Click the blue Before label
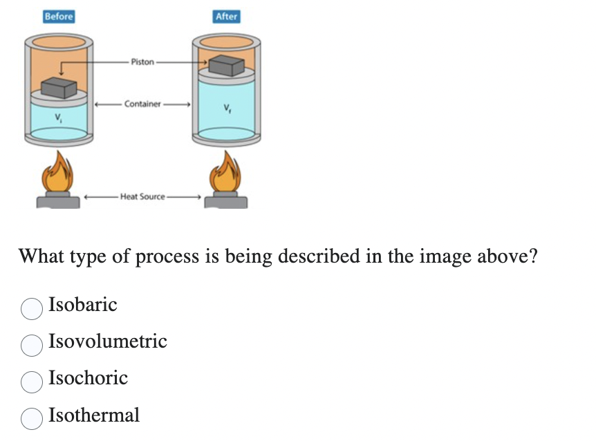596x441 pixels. tap(58, 16)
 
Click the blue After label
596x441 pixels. tap(226, 16)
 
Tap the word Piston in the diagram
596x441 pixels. tap(142, 62)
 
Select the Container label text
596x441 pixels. tap(142, 104)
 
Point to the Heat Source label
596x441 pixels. tap(142, 196)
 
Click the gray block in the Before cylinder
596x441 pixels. tap(58, 88)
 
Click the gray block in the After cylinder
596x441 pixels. tap(226, 66)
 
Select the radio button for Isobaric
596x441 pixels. tap(31, 308)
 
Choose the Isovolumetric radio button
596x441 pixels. tap(31, 345)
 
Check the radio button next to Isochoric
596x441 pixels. tap(31, 382)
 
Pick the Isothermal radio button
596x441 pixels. tap(31, 418)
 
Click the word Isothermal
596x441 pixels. tap(94, 415)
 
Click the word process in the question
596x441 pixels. tap(165, 257)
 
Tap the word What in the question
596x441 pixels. tap(43, 256)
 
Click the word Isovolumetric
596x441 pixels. tap(108, 341)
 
